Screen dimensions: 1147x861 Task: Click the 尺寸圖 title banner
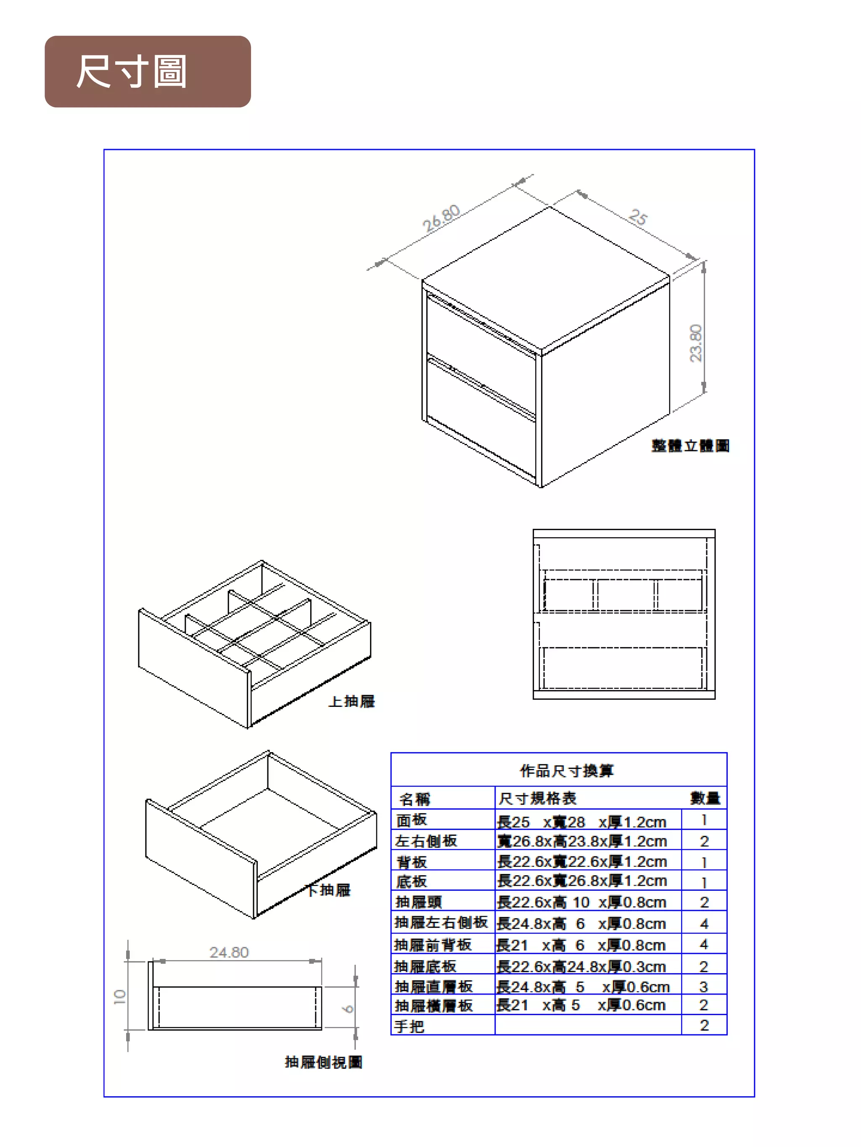[148, 71]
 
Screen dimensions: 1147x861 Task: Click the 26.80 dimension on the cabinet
[441, 218]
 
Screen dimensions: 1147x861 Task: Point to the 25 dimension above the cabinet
[638, 217]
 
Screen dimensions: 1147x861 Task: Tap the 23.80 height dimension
[695, 343]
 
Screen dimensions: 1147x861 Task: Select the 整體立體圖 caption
[690, 446]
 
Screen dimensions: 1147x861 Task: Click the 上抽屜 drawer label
[352, 701]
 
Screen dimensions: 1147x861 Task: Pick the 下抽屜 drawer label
[329, 890]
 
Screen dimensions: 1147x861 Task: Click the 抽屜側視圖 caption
[323, 1063]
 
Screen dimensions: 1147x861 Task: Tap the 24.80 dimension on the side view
[229, 953]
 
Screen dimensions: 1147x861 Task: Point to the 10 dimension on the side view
[120, 997]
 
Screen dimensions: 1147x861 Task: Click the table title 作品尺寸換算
[566, 771]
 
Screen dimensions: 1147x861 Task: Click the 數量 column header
[704, 798]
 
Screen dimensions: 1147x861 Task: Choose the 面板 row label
[412, 820]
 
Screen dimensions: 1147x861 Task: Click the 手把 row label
[409, 1026]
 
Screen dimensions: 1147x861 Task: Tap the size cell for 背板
[582, 862]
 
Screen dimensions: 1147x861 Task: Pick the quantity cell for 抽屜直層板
[704, 986]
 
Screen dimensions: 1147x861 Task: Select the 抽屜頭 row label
[418, 902]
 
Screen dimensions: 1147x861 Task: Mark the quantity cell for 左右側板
[704, 841]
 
